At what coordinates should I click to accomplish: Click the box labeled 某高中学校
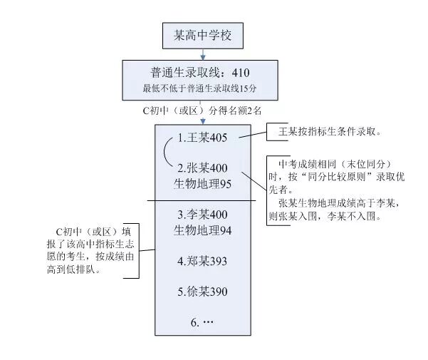pyautogui.click(x=204, y=34)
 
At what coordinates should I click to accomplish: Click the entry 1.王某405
pyautogui.click(x=202, y=138)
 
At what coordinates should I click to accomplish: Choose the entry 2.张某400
pyautogui.click(x=203, y=168)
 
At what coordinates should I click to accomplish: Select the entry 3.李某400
pyautogui.click(x=203, y=214)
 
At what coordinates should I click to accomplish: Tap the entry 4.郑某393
pyautogui.click(x=202, y=262)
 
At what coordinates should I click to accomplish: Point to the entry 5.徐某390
pyautogui.click(x=202, y=292)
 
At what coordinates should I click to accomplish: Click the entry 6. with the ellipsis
pyautogui.click(x=202, y=322)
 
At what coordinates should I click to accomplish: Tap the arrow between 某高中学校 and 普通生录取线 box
pyautogui.click(x=204, y=53)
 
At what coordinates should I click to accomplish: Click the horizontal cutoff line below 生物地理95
pyautogui.click(x=202, y=200)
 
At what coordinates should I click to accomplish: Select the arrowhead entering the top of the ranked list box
pyautogui.click(x=203, y=123)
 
